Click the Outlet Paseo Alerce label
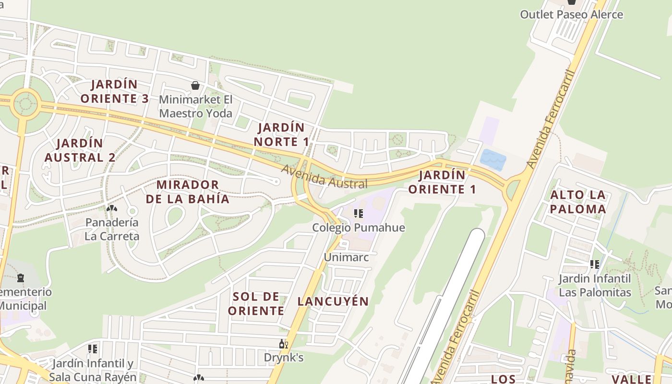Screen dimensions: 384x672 click(571, 14)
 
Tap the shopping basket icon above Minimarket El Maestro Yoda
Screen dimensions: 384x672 click(195, 86)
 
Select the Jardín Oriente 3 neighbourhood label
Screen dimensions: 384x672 click(115, 92)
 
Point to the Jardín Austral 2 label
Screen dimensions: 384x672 click(80, 150)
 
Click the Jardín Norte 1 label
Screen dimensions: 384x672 click(281, 135)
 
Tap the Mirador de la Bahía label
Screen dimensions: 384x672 click(188, 192)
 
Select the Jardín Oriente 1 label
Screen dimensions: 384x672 click(442, 182)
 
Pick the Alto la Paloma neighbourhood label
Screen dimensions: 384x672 click(578, 202)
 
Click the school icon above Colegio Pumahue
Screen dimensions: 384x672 click(358, 214)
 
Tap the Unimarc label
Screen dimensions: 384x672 click(346, 257)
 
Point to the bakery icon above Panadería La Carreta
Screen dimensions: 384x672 click(112, 209)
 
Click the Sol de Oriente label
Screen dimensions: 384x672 click(256, 304)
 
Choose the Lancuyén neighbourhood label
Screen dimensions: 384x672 click(333, 301)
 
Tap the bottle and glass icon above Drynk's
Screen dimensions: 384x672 click(284, 344)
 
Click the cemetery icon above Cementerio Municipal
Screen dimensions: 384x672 click(21, 277)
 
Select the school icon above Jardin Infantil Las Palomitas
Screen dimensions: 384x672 click(595, 264)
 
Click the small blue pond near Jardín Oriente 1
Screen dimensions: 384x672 click(493, 159)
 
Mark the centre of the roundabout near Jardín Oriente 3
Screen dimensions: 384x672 click(25, 102)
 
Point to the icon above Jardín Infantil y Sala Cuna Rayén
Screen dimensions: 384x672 click(93, 349)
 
